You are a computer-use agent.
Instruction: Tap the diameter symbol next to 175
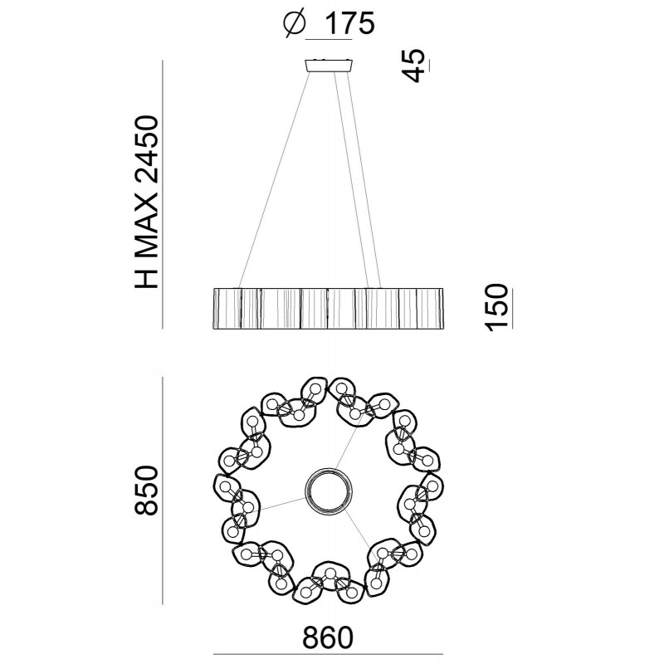(295, 25)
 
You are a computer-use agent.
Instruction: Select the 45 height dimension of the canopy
(416, 66)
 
